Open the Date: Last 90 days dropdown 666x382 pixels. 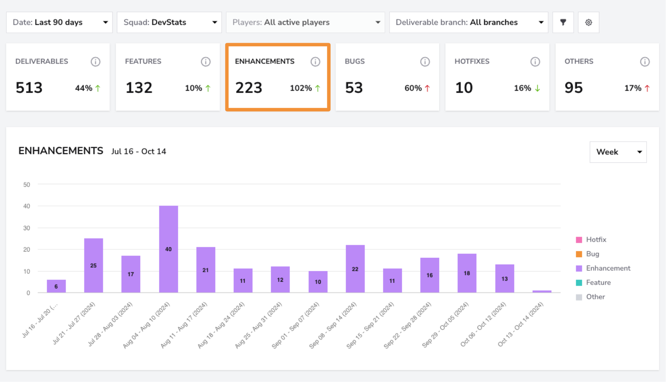[59, 22]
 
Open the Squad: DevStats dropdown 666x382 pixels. [169, 22]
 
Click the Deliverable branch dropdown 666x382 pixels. [469, 22]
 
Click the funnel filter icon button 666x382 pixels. [563, 22]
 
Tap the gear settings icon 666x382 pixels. [589, 22]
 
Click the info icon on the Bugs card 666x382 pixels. [425, 62]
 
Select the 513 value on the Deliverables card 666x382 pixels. [29, 88]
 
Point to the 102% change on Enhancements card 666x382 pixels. [301, 88]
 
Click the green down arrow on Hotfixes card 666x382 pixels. [537, 88]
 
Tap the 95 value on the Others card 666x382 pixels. [574, 88]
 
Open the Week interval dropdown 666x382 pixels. [618, 152]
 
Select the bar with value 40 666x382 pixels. [169, 249]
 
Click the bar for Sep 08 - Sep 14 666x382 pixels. [355, 269]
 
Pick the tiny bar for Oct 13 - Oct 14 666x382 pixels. [542, 291]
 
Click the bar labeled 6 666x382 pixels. [56, 286]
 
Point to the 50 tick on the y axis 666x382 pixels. [27, 185]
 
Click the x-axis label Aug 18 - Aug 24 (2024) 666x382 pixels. [221, 325]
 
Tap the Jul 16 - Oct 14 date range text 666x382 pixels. [139, 152]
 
